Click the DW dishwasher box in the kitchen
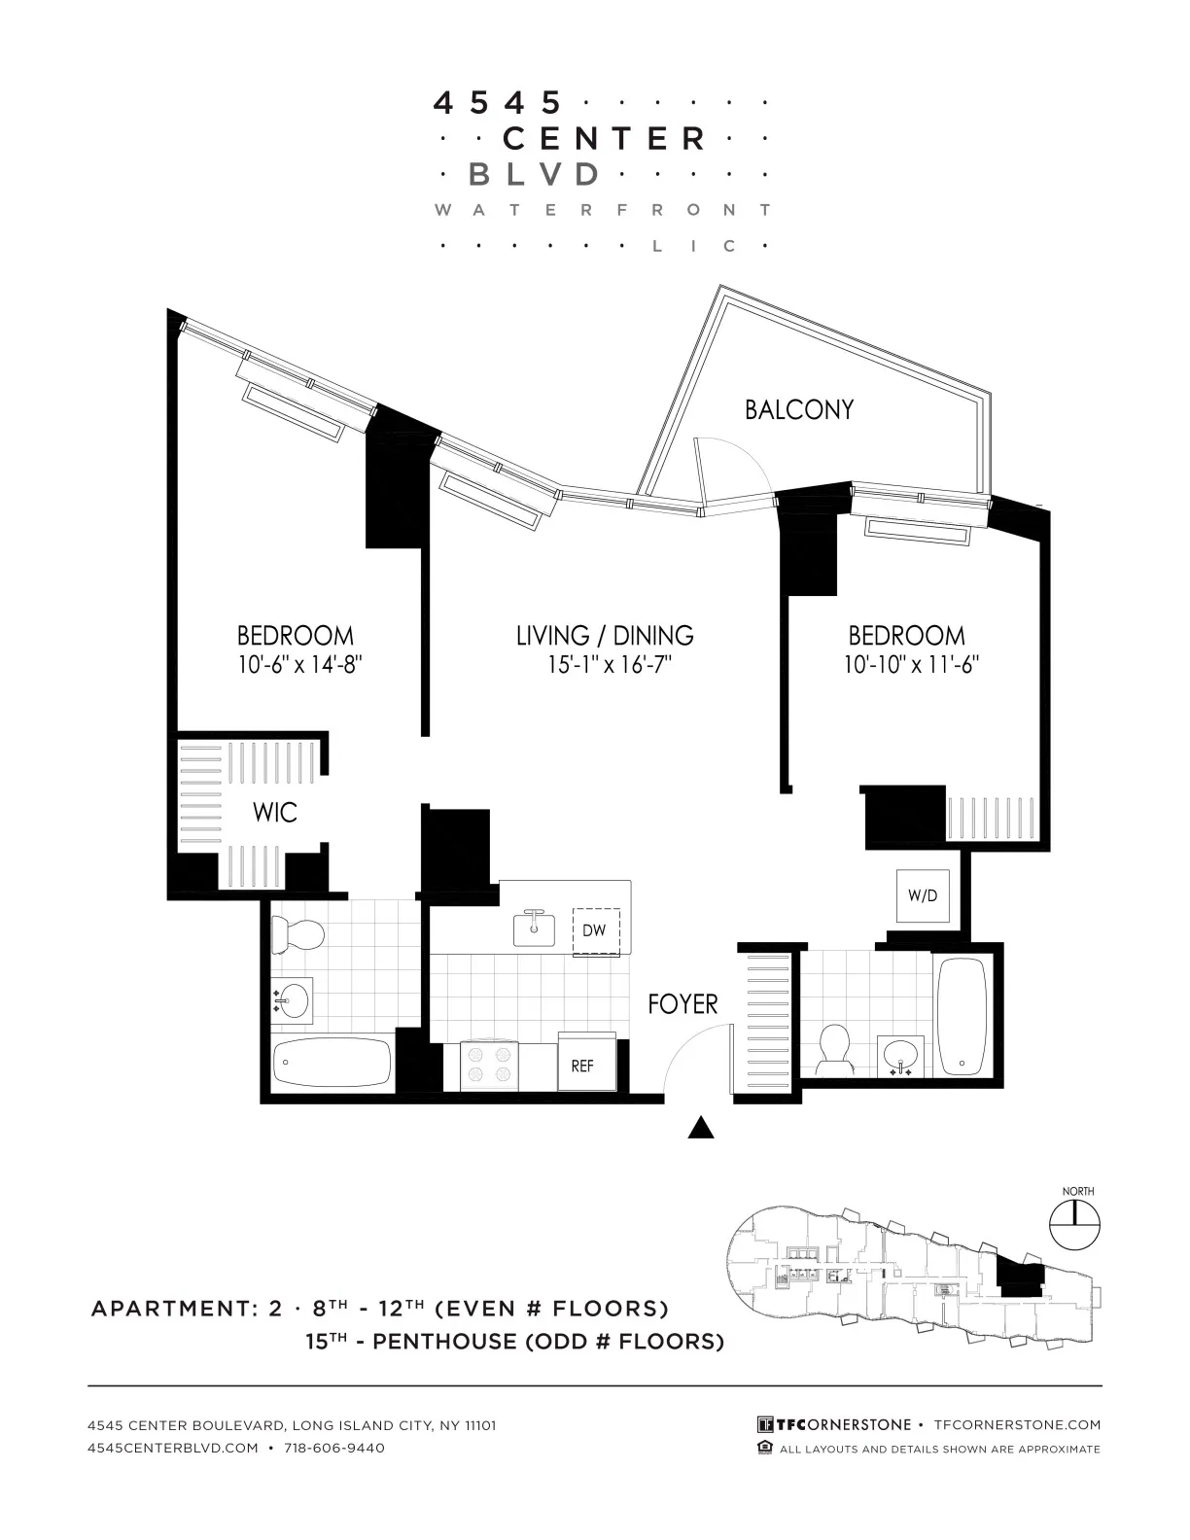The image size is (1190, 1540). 594,931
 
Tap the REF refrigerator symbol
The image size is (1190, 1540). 581,1066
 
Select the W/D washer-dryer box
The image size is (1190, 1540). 923,895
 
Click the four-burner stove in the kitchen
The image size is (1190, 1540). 491,1066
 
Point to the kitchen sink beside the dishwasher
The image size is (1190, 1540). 534,928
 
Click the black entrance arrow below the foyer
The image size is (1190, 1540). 701,1128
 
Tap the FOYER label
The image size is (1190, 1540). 682,1004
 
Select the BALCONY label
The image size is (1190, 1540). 799,409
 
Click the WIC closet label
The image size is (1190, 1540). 274,813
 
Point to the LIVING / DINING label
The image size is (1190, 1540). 605,636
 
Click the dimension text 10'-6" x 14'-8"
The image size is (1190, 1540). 296,666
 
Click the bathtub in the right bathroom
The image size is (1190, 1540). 962,1016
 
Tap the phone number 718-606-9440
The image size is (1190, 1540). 334,1448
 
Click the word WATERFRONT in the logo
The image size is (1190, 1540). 603,210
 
